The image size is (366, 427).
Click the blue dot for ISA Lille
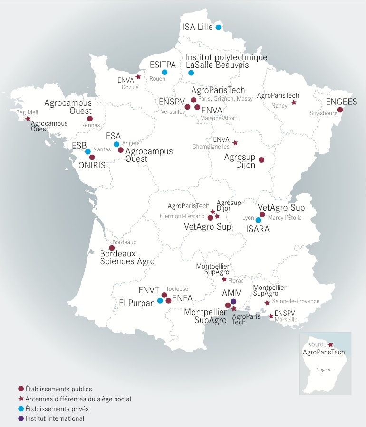point(218,28)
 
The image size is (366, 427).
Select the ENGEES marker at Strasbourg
point(340,110)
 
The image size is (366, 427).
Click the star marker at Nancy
point(294,102)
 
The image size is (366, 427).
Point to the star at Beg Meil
point(28,119)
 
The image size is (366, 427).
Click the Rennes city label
point(91,125)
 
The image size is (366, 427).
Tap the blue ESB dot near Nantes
point(88,152)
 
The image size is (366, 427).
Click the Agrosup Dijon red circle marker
point(261,160)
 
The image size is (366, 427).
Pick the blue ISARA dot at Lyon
point(258,220)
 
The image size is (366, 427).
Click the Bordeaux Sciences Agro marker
point(112,248)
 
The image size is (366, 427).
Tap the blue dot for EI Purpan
point(160,301)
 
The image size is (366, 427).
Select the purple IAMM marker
point(233,301)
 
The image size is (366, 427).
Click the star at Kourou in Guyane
point(331,345)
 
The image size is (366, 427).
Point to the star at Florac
point(224,280)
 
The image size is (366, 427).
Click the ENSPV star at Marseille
point(271,316)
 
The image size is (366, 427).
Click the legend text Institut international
point(55,418)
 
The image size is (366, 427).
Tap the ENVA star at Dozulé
point(138,77)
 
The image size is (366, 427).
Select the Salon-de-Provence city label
point(296,301)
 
